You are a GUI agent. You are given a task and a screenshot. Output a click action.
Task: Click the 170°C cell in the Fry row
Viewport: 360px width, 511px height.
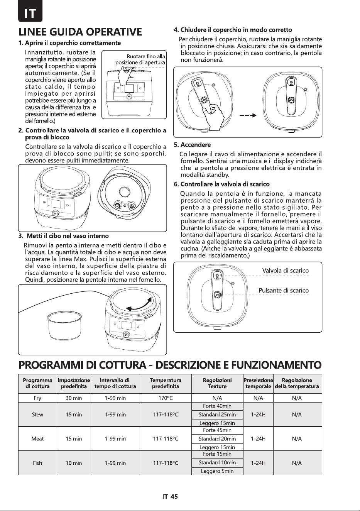(166, 398)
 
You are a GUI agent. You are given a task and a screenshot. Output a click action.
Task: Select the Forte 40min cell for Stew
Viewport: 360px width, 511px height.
(217, 406)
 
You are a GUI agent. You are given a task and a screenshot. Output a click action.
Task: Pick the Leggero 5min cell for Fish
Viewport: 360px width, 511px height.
(217, 471)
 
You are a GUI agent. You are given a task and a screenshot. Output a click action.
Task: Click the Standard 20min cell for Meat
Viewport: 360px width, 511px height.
(217, 439)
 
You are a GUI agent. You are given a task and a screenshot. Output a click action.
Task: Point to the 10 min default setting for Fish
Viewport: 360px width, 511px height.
(74, 463)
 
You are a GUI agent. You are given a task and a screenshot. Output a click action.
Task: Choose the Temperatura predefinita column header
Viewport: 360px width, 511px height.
(166, 383)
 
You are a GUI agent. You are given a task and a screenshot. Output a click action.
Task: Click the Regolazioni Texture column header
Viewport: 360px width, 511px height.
(217, 383)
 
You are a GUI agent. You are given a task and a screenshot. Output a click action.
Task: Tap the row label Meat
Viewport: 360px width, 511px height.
(37, 439)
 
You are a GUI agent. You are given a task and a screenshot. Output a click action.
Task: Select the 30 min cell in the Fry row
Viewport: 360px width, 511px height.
(74, 398)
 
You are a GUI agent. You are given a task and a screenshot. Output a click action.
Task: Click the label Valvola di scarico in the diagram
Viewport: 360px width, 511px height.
(286, 271)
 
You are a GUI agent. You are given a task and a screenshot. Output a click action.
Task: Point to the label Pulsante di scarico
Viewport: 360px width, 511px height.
(284, 290)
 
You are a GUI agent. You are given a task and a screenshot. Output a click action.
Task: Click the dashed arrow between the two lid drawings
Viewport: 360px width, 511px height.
(248, 115)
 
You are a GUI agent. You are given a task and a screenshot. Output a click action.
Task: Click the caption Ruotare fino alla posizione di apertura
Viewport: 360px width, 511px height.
(140, 59)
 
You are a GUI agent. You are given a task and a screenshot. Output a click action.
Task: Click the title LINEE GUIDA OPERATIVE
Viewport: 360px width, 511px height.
(80, 32)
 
